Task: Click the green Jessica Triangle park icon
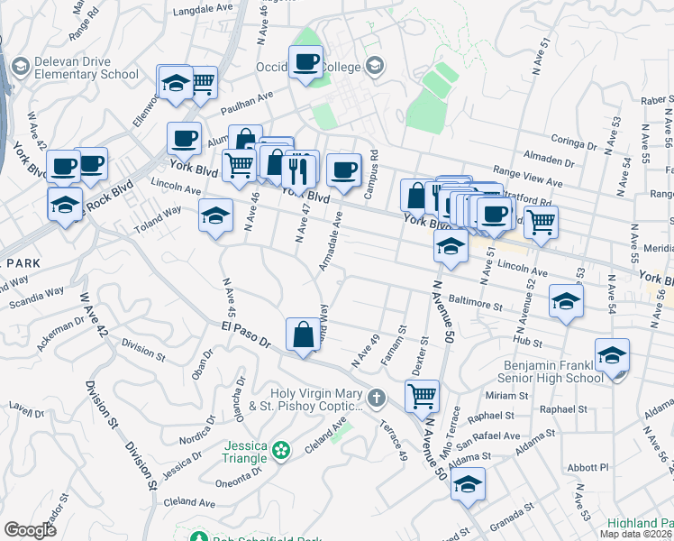coord(281,448)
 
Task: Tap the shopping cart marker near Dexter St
coord(422,394)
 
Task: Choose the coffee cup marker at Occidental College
coord(306,62)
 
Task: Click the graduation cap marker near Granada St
coord(468,483)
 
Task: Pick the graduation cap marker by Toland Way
coord(215,215)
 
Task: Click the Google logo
coord(31,530)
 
